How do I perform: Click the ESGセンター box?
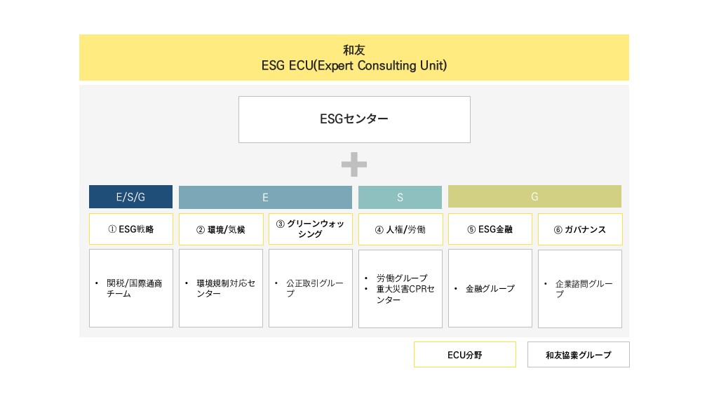click(x=354, y=119)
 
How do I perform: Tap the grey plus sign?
click(x=354, y=164)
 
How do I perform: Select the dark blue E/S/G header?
click(x=130, y=196)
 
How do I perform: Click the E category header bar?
click(x=265, y=197)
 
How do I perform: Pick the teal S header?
click(x=400, y=197)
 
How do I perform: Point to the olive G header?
click(x=534, y=196)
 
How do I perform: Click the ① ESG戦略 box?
click(x=130, y=229)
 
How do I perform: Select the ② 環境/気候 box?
click(x=221, y=229)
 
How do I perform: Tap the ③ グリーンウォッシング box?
click(x=311, y=229)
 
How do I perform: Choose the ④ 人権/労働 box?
click(x=400, y=229)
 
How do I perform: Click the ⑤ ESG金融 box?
click(x=490, y=229)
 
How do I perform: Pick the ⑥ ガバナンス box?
click(x=580, y=229)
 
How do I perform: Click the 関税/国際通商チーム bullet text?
click(x=135, y=288)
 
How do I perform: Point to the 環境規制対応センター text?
click(x=226, y=288)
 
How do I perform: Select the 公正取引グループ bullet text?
click(x=315, y=288)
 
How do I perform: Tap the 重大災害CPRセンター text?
click(x=405, y=294)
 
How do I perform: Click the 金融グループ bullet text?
click(x=490, y=288)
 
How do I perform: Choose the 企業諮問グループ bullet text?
click(x=584, y=288)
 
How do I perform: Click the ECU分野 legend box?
click(x=465, y=354)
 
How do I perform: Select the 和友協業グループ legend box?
click(x=579, y=354)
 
